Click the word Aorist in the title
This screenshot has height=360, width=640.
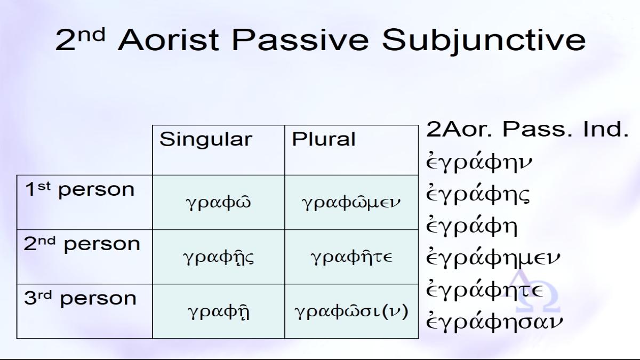[x=169, y=40]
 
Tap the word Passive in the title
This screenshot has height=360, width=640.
[x=300, y=40]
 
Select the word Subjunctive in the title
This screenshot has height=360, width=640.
[x=484, y=42]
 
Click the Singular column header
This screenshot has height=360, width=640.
[x=206, y=139]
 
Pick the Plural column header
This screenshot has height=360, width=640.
[x=323, y=139]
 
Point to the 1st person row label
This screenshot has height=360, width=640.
[x=79, y=189]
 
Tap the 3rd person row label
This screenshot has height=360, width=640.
[x=80, y=298]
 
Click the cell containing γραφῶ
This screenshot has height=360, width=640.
[x=219, y=202]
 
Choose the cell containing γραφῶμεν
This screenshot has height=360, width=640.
[x=351, y=202]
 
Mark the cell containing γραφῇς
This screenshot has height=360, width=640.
[x=219, y=257]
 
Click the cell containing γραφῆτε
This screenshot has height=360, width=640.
[x=351, y=257]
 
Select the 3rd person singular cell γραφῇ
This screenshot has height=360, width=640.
[x=219, y=311]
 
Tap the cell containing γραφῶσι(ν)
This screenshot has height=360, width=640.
[x=351, y=311]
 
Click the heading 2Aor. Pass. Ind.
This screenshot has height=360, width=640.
[x=527, y=129]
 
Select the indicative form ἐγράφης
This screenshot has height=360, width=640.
[x=478, y=194]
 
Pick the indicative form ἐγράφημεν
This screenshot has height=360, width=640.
[x=493, y=257]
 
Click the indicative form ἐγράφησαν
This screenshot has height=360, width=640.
[x=494, y=321]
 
